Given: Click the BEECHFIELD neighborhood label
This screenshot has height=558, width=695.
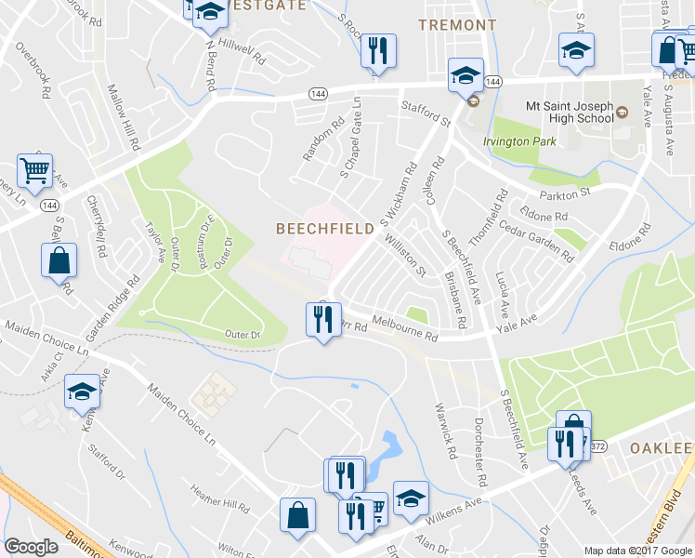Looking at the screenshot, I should pos(324,228).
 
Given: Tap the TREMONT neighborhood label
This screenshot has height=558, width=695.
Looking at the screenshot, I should pos(457,25).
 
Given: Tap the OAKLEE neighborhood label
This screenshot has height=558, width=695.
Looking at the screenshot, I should pos(662,448).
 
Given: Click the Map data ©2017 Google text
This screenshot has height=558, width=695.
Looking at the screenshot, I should pos(636,551).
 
